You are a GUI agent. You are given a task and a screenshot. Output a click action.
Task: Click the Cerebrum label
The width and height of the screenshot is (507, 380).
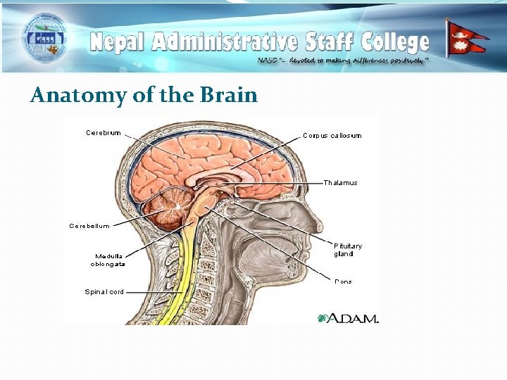coord(103,132)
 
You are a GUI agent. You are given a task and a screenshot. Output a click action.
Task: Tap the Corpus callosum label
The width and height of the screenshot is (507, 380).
coord(332,135)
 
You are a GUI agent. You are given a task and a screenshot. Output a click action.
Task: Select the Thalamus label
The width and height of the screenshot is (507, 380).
coord(340,183)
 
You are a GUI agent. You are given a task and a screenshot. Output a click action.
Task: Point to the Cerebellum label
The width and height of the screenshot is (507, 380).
coord(89,226)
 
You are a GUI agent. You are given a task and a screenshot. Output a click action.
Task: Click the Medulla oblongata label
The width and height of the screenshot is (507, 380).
coord(108,260)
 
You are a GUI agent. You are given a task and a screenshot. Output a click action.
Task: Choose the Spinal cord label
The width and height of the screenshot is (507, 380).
coord(104,291)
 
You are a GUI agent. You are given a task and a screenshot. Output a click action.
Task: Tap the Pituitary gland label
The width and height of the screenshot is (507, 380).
coord(348,250)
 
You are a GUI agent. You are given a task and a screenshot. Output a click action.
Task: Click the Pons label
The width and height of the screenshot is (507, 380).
coord(344,281)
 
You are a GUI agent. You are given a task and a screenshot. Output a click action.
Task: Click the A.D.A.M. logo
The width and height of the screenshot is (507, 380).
coord(349,318)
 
